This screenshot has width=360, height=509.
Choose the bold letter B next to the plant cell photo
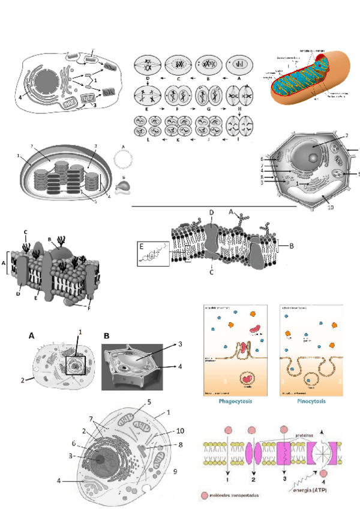pos(106,336)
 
